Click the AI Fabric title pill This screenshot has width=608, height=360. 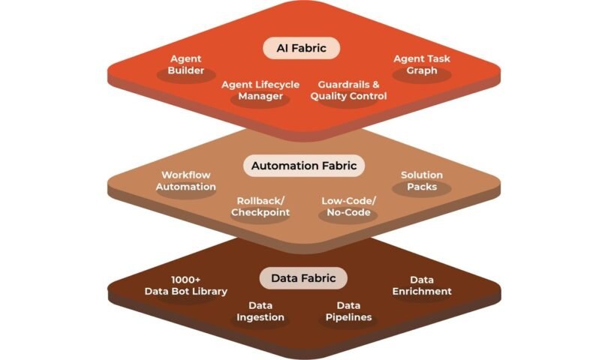tap(302, 49)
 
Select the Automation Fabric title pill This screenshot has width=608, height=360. tap(303, 165)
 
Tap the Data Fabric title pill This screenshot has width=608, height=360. tap(303, 278)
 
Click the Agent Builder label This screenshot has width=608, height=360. tap(185, 65)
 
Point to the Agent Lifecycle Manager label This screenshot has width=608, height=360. tap(261, 90)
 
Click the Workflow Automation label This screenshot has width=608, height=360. tap(185, 181)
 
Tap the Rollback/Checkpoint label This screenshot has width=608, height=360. tap(260, 206)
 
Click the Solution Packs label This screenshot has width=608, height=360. tap(422, 181)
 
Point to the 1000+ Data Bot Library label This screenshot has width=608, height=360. tap(185, 285)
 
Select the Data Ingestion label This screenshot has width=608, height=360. tap(260, 311)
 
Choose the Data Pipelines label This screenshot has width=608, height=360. tap(348, 311)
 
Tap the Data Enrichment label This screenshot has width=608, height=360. tap(422, 285)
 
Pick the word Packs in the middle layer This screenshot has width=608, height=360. tap(422, 187)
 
